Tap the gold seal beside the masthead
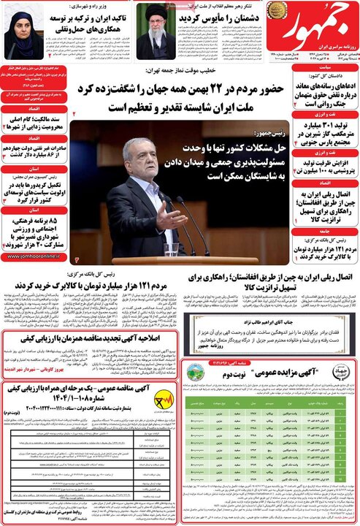point(277,10)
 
